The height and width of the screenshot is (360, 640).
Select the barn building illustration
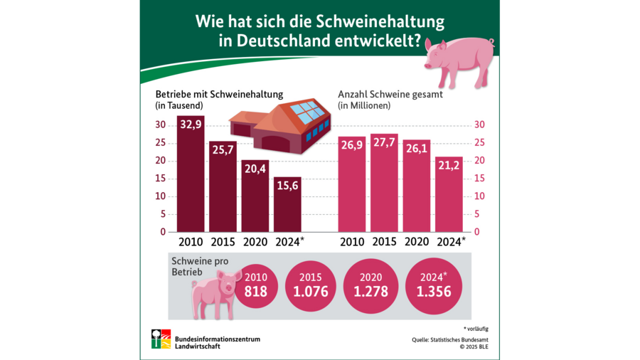pos(282,125)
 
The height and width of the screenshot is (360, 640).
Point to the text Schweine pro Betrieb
pos(203,265)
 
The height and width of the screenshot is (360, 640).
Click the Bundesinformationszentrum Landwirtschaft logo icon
pos(161,339)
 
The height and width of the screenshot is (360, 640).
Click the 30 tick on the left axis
pos(161,125)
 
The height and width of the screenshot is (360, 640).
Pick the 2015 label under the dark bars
pos(223,242)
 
